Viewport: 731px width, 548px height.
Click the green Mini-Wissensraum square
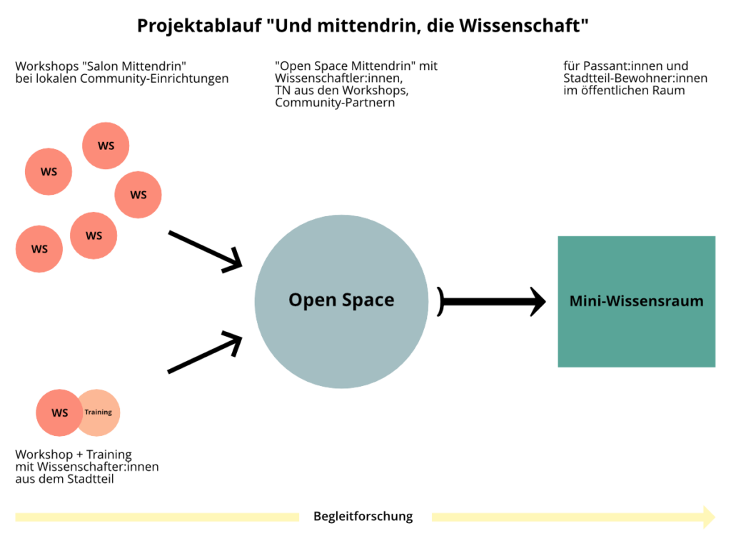pyautogui.click(x=636, y=302)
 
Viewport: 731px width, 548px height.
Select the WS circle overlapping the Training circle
pyautogui.click(x=59, y=413)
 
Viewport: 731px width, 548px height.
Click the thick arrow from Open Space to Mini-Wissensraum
pyautogui.click(x=491, y=302)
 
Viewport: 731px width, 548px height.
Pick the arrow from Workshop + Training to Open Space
pyautogui.click(x=205, y=352)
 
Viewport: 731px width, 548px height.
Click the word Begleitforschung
pyautogui.click(x=363, y=517)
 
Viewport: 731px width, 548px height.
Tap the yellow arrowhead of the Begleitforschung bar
pyautogui.click(x=709, y=517)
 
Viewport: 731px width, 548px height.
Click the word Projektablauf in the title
pyautogui.click(x=200, y=26)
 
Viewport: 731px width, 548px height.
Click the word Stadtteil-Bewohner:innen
pyautogui.click(x=635, y=78)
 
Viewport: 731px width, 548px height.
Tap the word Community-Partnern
pyautogui.click(x=335, y=103)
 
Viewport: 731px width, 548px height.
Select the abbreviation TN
pyautogui.click(x=283, y=91)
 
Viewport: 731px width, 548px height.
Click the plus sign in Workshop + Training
pyautogui.click(x=80, y=455)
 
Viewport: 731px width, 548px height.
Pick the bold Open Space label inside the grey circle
pyautogui.click(x=341, y=300)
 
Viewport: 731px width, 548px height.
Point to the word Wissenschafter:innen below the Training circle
pyautogui.click(x=98, y=467)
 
